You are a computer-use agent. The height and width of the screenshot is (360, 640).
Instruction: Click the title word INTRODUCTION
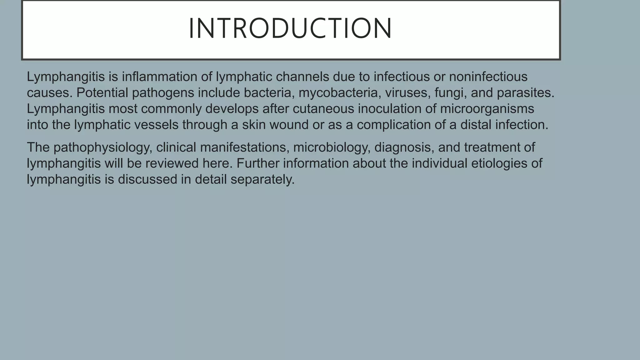point(290,28)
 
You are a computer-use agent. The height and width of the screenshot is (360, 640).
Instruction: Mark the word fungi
point(450,93)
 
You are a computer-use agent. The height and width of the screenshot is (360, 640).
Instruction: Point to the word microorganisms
point(487,109)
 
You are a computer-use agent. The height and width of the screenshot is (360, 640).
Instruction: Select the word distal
point(476,125)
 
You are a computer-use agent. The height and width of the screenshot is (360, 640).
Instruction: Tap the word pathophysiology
point(103,147)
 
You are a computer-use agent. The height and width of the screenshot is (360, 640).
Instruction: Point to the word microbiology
point(332,147)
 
